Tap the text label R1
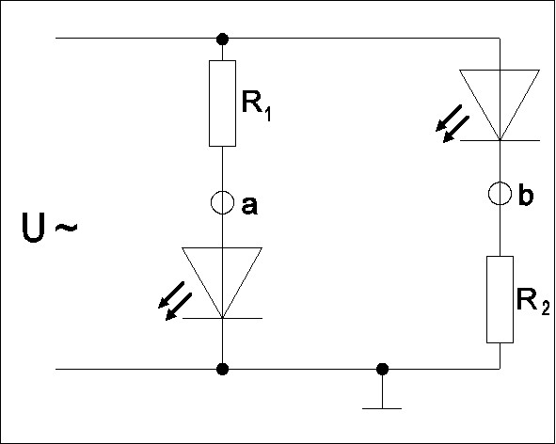(x=256, y=105)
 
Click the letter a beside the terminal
(x=249, y=206)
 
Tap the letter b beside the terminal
(x=526, y=194)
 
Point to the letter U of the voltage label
(x=33, y=227)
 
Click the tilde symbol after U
(x=66, y=228)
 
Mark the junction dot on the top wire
(x=222, y=39)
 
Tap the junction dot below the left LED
(x=222, y=369)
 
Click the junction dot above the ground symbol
(x=382, y=369)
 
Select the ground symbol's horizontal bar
(x=382, y=409)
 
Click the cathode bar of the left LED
(x=222, y=318)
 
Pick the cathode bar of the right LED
(x=500, y=140)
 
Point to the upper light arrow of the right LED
(x=449, y=119)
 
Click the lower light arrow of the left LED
(x=179, y=307)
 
